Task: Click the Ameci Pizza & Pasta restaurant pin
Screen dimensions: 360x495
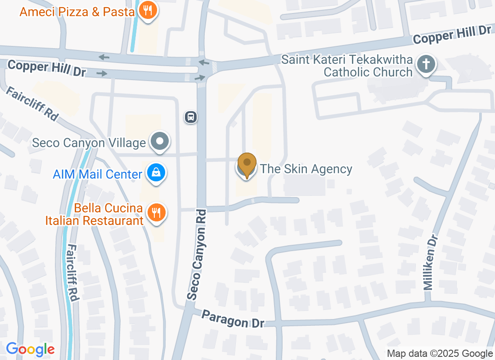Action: [x=147, y=10]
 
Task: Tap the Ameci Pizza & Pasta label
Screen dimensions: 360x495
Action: [x=77, y=11]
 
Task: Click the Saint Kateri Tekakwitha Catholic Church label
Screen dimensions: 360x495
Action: [x=347, y=66]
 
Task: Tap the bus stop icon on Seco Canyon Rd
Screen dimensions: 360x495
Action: [x=191, y=117]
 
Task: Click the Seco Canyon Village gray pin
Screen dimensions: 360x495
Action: [x=160, y=142]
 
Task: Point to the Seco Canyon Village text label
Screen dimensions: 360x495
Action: [x=89, y=143]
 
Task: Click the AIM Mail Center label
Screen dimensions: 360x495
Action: [x=98, y=174]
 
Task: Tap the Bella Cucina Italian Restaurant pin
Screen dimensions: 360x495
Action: [x=156, y=213]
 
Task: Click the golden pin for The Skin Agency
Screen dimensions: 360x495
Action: [x=247, y=164]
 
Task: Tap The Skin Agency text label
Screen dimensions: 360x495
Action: [x=306, y=169]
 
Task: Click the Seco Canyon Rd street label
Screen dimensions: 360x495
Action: [x=198, y=254]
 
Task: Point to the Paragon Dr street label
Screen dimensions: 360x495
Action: [x=232, y=319]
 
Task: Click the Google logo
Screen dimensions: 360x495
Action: [x=31, y=349]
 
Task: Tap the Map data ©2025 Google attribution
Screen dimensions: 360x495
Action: [x=440, y=354]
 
